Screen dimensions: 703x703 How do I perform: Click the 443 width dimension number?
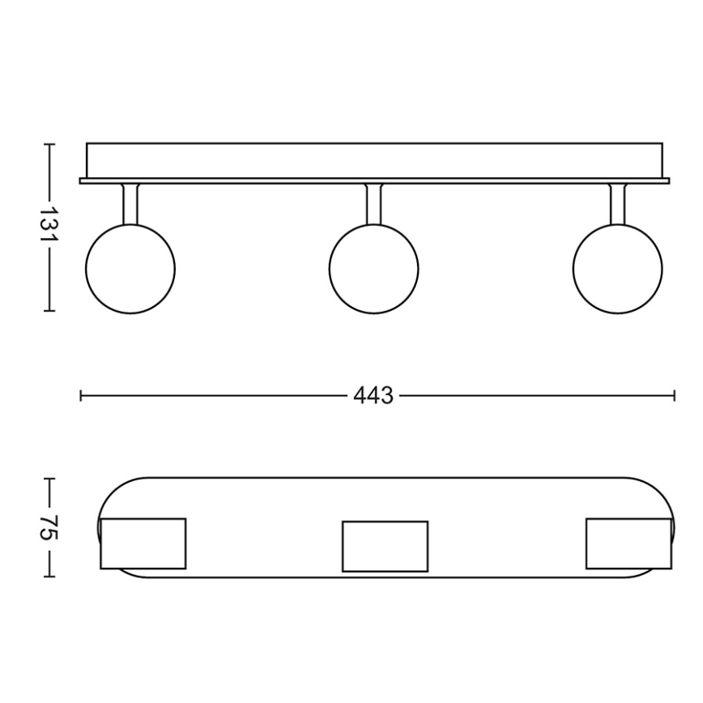[x=373, y=396]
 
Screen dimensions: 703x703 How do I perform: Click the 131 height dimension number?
[x=49, y=228]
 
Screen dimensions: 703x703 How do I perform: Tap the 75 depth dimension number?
[x=49, y=528]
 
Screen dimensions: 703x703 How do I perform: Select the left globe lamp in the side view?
[x=130, y=269]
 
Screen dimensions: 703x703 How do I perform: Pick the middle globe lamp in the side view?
[x=373, y=269]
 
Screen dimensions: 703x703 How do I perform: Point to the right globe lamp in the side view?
[x=617, y=269]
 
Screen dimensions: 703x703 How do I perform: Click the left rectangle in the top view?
[x=143, y=543]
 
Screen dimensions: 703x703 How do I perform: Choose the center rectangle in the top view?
[x=385, y=546]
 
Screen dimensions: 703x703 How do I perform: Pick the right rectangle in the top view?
[x=628, y=543]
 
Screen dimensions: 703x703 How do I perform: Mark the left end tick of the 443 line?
[x=81, y=396]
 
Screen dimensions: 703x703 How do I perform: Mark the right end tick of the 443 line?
[x=675, y=396]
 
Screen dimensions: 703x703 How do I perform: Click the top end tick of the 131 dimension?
[x=49, y=145]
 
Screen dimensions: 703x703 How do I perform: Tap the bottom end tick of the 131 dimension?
[x=49, y=310]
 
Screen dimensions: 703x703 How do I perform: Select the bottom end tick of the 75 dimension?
[x=49, y=577]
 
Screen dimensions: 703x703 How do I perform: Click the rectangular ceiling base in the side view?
[x=373, y=160]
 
